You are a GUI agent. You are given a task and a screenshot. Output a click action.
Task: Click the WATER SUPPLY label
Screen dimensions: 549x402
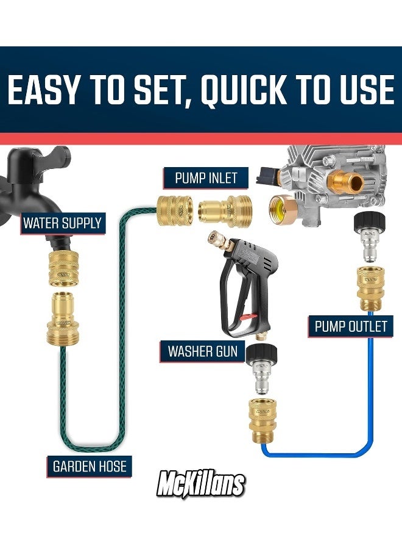click(x=62, y=223)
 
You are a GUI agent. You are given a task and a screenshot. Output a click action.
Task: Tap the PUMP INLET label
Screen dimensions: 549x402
click(x=206, y=178)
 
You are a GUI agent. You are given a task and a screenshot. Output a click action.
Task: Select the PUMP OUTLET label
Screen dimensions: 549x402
click(x=350, y=326)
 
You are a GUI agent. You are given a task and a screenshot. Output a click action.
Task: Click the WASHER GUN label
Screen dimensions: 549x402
click(x=203, y=352)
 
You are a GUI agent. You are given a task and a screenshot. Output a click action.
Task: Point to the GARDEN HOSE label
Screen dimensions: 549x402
click(x=90, y=467)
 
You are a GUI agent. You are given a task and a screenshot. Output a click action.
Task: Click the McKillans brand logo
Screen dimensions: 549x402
click(x=201, y=484)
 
